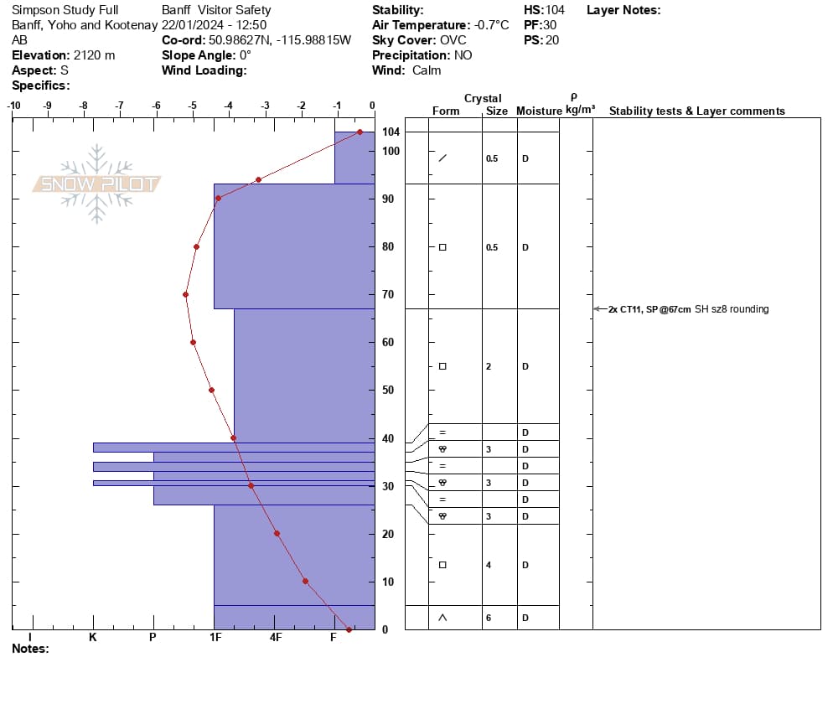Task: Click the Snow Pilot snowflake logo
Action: [x=96, y=184]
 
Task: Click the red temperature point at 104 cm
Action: [x=360, y=132]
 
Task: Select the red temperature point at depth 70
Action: [x=185, y=294]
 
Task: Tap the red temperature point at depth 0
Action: [x=349, y=629]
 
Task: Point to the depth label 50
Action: [x=388, y=390]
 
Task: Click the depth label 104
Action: [x=391, y=132]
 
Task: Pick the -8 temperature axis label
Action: [x=84, y=106]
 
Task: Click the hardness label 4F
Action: [x=275, y=637]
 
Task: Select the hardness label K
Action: [x=92, y=637]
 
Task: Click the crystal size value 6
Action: [x=489, y=618]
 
